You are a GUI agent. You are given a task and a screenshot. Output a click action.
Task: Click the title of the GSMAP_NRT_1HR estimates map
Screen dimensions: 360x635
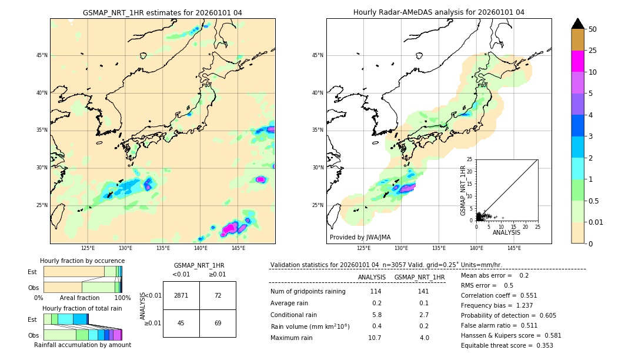(162, 12)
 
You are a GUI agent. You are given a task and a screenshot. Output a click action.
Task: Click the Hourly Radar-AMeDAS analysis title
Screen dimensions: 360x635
(439, 12)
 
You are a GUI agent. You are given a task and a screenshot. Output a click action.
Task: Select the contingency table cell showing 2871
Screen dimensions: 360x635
(181, 295)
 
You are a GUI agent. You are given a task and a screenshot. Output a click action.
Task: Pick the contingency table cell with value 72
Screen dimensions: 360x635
(218, 295)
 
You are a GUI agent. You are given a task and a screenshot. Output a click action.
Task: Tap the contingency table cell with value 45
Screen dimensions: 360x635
(181, 323)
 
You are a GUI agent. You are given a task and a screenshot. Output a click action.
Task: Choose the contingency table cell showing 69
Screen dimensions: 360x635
(218, 323)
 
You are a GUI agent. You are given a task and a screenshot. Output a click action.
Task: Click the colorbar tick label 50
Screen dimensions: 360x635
(593, 29)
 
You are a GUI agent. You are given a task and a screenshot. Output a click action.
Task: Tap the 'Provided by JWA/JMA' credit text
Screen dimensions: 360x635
(360, 238)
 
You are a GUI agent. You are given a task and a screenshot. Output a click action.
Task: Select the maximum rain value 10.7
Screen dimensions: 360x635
(375, 338)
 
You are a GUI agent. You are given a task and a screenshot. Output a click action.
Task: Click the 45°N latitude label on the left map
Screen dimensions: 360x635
(42, 55)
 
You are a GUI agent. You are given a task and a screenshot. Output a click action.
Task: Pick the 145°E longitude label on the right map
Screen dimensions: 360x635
(514, 248)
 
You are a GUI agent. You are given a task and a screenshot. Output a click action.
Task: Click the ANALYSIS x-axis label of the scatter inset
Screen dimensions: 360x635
(506, 232)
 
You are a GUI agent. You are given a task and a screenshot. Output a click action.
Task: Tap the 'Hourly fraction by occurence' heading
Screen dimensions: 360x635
(82, 261)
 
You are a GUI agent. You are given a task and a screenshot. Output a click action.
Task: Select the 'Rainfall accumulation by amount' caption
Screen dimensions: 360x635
(82, 345)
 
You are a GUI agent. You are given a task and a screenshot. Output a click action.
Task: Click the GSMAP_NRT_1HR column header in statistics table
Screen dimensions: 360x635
(419, 277)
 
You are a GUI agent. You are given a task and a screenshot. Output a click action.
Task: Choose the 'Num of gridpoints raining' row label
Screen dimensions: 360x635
(308, 292)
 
